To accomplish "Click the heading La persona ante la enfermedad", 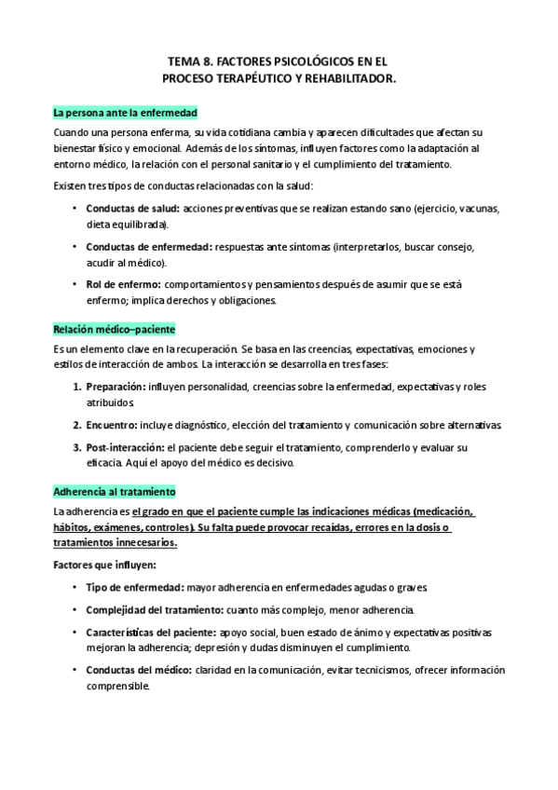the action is coord(125,114).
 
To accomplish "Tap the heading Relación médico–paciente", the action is coord(115,330).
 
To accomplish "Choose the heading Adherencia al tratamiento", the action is coord(115,492).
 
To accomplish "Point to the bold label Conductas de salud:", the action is coord(133,208).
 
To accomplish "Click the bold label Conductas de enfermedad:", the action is coord(148,247).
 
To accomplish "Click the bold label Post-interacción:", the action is coord(126,448).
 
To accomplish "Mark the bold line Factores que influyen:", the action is coord(104,565).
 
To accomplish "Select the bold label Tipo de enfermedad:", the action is coord(134,587).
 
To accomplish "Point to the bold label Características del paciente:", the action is coord(152,632).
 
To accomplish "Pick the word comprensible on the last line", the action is coord(116,686).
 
